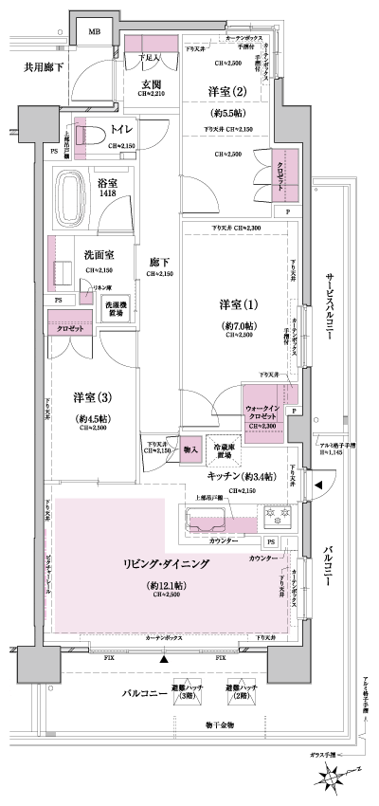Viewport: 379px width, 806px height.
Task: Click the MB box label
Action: coord(94,32)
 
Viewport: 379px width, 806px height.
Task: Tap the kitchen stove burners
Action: coord(279,515)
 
